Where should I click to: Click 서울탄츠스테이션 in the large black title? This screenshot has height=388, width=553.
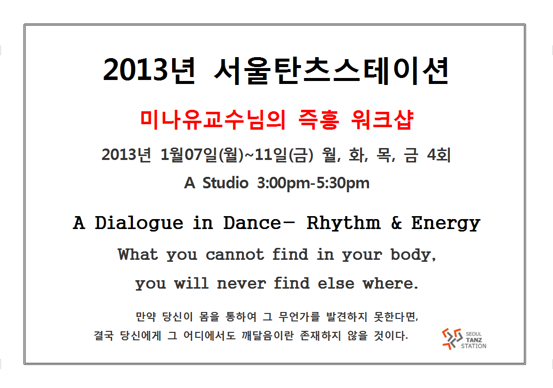tap(331, 71)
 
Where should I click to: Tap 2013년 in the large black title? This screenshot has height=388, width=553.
tap(149, 70)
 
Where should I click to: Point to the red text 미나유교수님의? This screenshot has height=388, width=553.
tap(213, 119)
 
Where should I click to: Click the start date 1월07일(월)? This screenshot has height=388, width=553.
tap(202, 155)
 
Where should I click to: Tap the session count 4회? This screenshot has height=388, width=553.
tap(439, 155)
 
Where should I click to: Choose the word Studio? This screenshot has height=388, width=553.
tap(225, 183)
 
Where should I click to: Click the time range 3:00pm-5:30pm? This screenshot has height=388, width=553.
tap(313, 183)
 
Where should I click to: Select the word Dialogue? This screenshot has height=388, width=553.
tap(139, 224)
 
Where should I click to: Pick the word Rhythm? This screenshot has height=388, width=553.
tap(344, 223)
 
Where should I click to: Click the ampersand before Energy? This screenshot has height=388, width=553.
tap(396, 223)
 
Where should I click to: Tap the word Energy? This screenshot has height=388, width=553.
tap(446, 224)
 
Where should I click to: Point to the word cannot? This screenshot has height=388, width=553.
tap(235, 254)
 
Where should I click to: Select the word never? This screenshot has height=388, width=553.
tap(241, 283)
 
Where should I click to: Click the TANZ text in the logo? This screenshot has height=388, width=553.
tap(474, 340)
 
